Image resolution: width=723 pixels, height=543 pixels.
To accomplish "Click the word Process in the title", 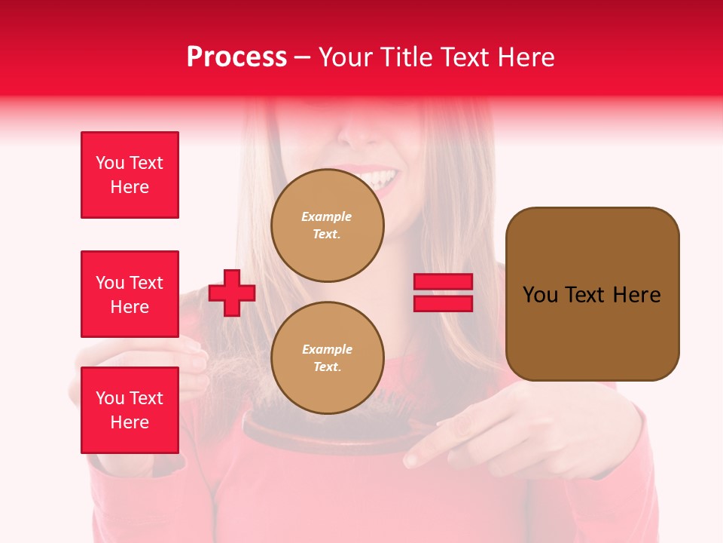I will coord(236,57).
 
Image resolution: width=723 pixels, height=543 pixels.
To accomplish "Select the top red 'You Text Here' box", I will coord(130,175).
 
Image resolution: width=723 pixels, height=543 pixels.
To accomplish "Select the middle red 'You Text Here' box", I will coord(130,294).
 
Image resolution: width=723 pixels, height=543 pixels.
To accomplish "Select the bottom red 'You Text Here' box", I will coord(130,410).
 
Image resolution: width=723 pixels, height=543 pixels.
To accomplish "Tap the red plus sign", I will coord(231,293).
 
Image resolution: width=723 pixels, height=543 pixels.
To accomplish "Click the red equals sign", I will coord(443,293).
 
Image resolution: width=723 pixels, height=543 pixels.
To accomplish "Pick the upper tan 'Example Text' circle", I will coord(327,225).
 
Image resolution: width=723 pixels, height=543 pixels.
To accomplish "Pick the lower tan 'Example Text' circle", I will coord(327,357).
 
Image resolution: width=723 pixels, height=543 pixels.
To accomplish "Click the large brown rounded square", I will coord(592,294).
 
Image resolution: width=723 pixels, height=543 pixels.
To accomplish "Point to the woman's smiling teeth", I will coord(380,179).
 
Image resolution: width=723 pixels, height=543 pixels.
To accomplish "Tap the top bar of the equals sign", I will coord(443,282).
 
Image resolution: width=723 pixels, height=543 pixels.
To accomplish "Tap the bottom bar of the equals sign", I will coord(443,303).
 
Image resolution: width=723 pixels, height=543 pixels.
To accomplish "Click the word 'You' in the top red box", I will coord(110,163).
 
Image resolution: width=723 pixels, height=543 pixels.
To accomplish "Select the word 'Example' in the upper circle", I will coord(326,216).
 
